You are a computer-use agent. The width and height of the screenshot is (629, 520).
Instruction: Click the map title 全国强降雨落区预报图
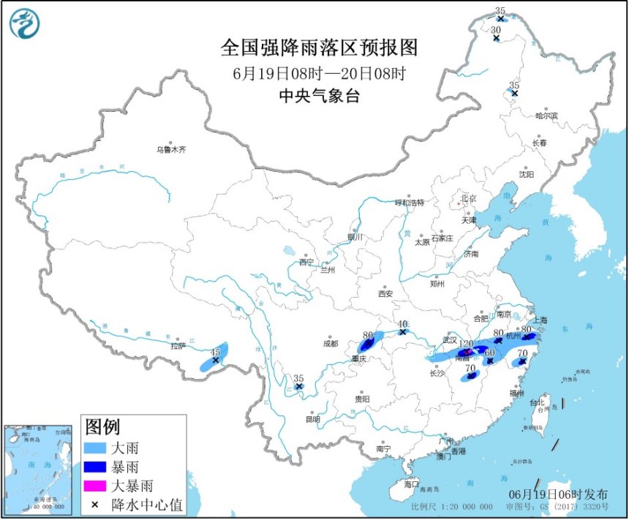tap(319, 48)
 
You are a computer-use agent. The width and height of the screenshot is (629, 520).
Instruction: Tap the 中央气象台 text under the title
tap(319, 96)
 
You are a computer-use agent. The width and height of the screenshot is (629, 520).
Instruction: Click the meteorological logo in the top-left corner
tap(24, 23)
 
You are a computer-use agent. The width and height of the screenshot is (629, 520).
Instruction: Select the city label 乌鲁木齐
tap(170, 149)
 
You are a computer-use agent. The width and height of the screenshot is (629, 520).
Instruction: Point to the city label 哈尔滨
tap(546, 116)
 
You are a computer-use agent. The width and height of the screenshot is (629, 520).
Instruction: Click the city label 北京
tap(468, 198)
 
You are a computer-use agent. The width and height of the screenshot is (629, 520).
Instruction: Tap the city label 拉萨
tap(178, 346)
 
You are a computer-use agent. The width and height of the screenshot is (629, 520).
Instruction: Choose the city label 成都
tap(331, 343)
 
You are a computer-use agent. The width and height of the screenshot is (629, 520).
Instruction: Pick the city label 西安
tap(385, 293)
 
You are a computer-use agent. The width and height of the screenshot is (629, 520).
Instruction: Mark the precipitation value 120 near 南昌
tap(466, 343)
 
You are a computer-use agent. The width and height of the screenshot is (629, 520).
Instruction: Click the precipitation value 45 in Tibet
tap(215, 352)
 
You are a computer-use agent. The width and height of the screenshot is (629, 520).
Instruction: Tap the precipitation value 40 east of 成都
tap(402, 323)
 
